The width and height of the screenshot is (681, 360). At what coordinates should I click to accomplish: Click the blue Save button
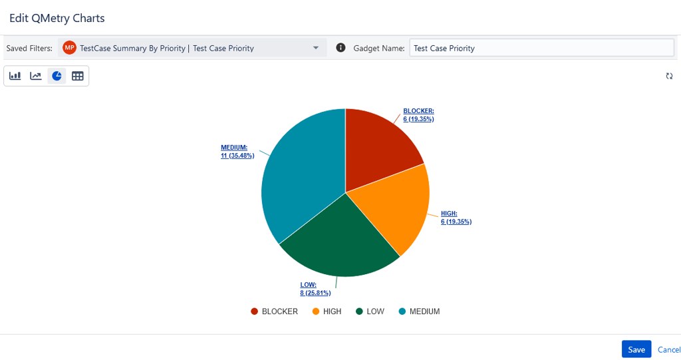(x=636, y=349)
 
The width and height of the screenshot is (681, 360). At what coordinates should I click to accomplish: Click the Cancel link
(x=668, y=349)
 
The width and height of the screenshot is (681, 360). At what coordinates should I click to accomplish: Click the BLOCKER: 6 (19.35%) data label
(x=418, y=115)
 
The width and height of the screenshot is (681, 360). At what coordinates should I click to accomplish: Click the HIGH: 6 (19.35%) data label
(x=456, y=218)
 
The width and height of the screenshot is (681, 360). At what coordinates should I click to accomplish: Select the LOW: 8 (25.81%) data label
(x=315, y=289)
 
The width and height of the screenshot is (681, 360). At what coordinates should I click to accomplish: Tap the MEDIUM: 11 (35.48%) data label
(x=237, y=152)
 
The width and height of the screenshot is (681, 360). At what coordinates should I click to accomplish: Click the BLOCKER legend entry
(x=274, y=311)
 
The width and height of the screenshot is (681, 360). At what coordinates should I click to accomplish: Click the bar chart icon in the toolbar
(x=15, y=76)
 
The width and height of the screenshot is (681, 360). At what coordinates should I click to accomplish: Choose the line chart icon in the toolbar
(x=36, y=76)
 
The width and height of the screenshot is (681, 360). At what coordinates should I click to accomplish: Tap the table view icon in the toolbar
(x=78, y=76)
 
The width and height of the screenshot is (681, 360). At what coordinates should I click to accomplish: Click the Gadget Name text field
(x=541, y=48)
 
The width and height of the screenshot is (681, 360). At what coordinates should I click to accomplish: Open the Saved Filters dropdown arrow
(x=316, y=48)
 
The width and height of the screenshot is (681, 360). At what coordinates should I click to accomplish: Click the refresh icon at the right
(x=670, y=76)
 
